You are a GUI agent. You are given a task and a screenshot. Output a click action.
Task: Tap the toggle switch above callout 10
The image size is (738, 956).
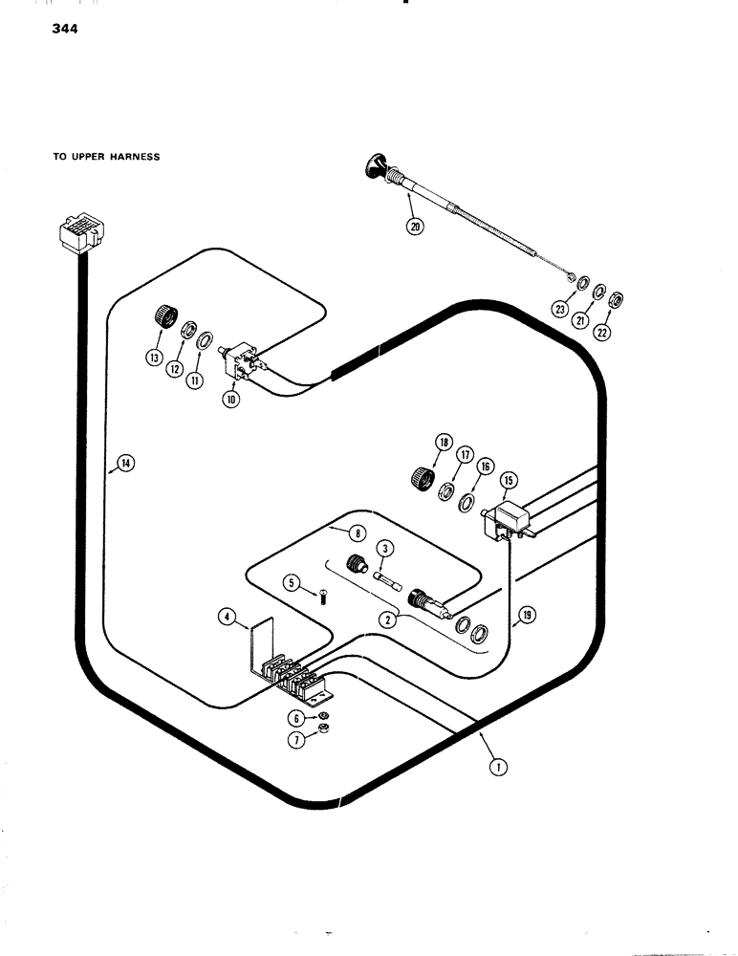click(x=240, y=361)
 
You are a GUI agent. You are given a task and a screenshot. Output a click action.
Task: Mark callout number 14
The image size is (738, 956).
click(x=125, y=464)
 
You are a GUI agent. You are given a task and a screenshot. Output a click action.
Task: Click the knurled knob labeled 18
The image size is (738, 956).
click(x=423, y=475)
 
